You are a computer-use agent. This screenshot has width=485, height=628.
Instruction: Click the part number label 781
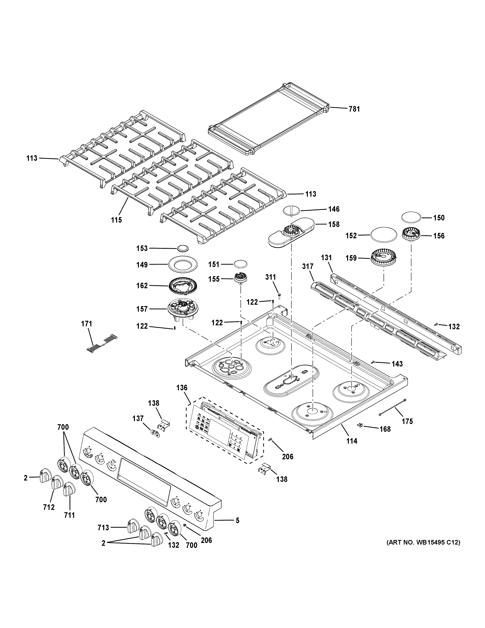tap(354, 109)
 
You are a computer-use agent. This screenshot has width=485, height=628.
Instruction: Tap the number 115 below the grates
tap(116, 220)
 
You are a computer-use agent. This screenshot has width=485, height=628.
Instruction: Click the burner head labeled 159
tap(384, 258)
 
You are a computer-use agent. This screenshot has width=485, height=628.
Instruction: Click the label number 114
tap(352, 441)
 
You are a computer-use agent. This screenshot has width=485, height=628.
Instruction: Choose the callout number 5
tap(237, 520)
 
